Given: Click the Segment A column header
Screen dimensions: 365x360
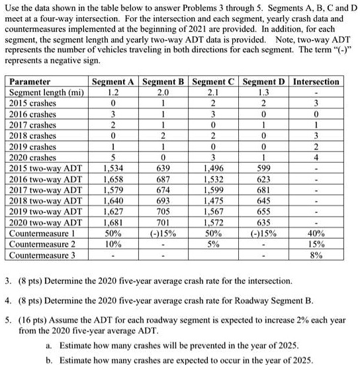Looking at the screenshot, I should [x=114, y=81].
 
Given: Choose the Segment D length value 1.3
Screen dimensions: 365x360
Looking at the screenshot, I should [x=263, y=93].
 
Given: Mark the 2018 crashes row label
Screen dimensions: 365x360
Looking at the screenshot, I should [x=32, y=136].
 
